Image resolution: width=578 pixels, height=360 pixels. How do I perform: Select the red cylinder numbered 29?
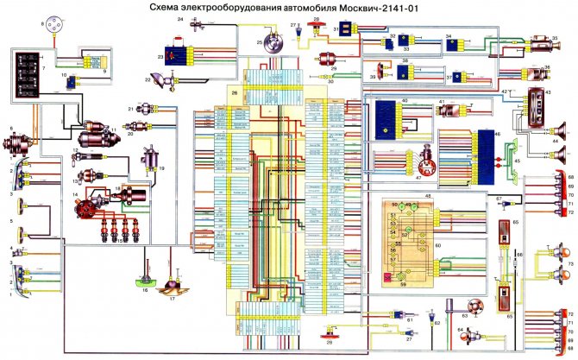[x=304, y=69]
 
